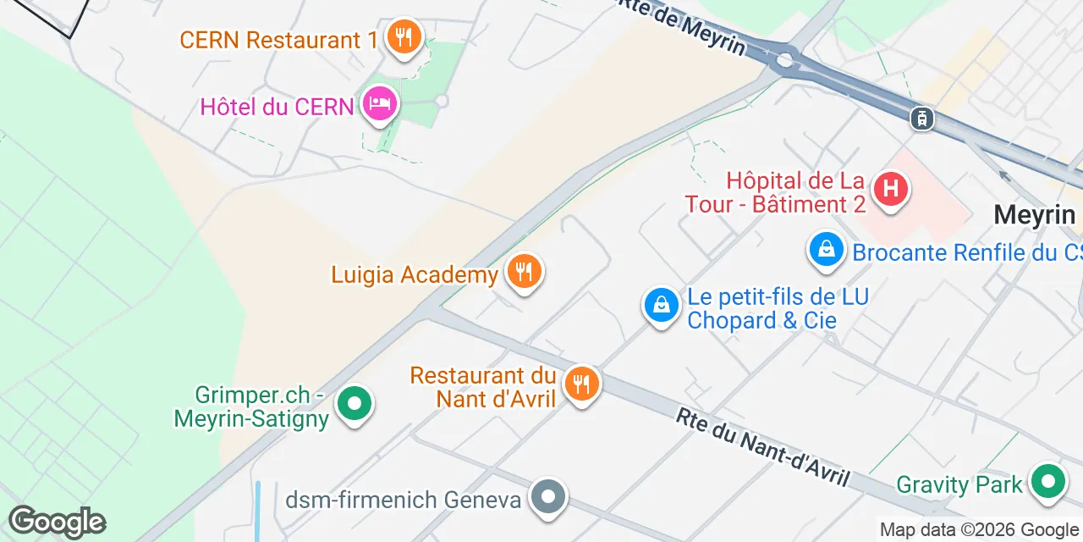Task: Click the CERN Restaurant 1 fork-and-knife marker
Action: pyautogui.click(x=404, y=37)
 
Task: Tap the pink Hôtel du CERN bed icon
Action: pyautogui.click(x=380, y=105)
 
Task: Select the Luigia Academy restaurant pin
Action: pyautogui.click(x=525, y=272)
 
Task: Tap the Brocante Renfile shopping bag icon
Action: pyautogui.click(x=827, y=250)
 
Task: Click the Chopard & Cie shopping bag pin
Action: pyautogui.click(x=662, y=305)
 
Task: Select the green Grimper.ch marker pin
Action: pyautogui.click(x=355, y=405)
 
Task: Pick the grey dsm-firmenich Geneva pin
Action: pyautogui.click(x=548, y=497)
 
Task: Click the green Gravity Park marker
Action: pyautogui.click(x=1048, y=482)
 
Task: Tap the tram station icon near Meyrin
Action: pyautogui.click(x=921, y=119)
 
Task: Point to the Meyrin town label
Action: pyautogui.click(x=1033, y=215)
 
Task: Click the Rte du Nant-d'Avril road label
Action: pyautogui.click(x=762, y=447)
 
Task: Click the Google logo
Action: pyautogui.click(x=58, y=523)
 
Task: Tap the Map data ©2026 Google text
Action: pyautogui.click(x=979, y=530)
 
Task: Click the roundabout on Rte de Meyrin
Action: pyautogui.click(x=785, y=60)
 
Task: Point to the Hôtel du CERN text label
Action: pyautogui.click(x=277, y=108)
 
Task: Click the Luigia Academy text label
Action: pyautogui.click(x=415, y=275)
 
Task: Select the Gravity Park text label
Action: pyautogui.click(x=959, y=484)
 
